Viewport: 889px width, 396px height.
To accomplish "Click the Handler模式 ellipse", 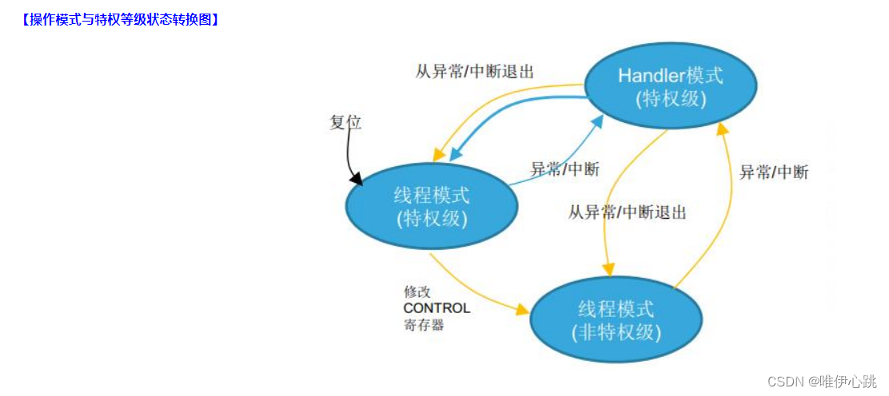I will [x=670, y=88].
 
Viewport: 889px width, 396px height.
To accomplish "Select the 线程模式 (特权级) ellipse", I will [x=431, y=205].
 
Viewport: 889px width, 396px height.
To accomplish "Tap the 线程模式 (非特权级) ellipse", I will [x=616, y=320].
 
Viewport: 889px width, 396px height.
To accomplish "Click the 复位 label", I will [x=345, y=122].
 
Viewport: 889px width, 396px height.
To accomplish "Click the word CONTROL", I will [x=437, y=308].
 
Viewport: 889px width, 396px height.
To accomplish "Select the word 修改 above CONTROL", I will [x=417, y=292].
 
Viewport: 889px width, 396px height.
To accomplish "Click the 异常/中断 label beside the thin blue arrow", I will [x=564, y=169].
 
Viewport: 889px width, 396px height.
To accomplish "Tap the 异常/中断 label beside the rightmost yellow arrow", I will [x=773, y=172].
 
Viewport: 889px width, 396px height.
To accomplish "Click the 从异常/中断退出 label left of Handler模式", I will [x=474, y=71].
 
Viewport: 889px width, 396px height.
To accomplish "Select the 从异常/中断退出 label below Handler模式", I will [x=628, y=212].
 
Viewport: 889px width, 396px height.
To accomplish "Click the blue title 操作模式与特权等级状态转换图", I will [x=121, y=20].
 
